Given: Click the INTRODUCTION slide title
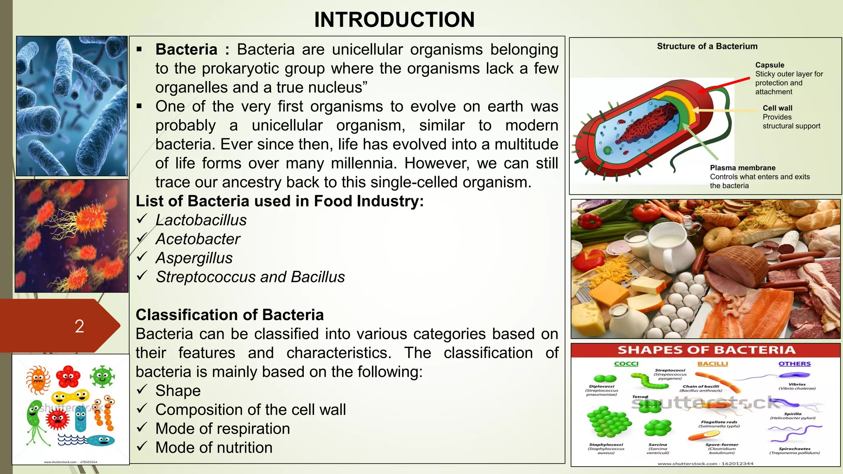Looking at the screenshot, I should pos(394,20).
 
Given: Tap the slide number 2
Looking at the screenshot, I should pos(79,326).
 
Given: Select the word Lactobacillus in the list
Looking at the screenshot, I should pos(201,220).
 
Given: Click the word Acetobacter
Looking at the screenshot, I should pos(198,239).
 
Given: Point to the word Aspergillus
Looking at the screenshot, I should pos(194,258).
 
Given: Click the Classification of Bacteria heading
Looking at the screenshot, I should pos(230,315).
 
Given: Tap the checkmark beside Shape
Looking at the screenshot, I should pos(142,390).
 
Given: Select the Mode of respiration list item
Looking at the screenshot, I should pos(222,429).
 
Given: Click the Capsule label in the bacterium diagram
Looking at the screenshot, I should pos(769,65).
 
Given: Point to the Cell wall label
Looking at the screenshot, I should pos(777,108).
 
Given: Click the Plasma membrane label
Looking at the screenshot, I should pos(742,168).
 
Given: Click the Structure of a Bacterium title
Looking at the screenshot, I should pos(707,46).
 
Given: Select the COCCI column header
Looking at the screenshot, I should pos(626,364).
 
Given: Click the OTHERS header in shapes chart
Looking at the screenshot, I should pos(794,364).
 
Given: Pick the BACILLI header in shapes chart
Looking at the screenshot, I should pos(713,364).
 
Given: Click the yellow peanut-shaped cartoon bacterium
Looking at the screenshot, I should pos(70,397).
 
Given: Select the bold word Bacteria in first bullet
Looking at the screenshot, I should pos(186,50).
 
